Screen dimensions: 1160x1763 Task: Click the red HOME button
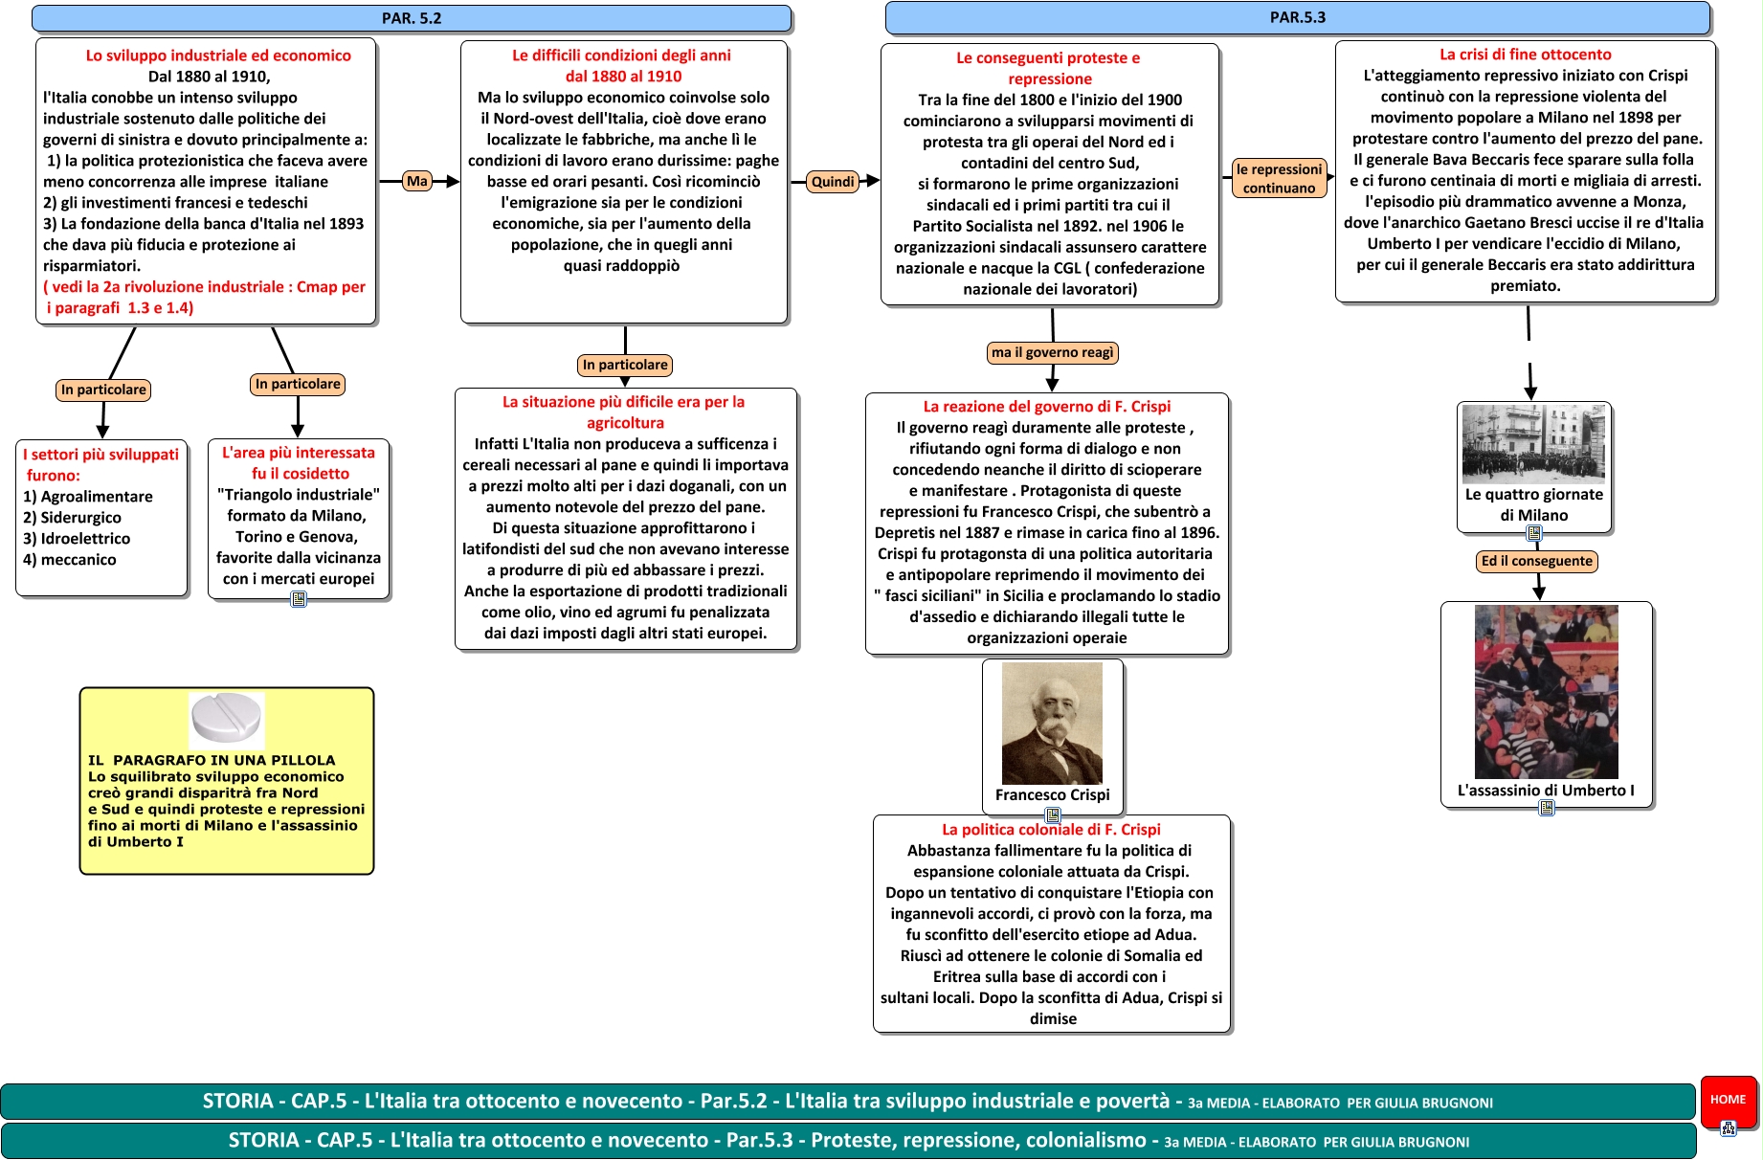pos(1728,1100)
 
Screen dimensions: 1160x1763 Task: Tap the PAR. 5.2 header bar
pos(412,18)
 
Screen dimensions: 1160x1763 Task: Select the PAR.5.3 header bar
pos(1297,17)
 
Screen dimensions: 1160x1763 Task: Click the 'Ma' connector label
pos(417,181)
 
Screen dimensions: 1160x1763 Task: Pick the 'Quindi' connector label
pos(833,182)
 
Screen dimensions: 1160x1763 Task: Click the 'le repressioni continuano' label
pos(1279,178)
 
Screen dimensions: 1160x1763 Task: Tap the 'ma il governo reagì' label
pos(1052,352)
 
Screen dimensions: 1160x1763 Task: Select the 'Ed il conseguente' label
pos(1536,561)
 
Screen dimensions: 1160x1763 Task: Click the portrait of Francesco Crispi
pos(1052,724)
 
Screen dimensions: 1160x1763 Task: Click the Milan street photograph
pos(1533,443)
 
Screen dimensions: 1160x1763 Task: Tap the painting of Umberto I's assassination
pos(1546,691)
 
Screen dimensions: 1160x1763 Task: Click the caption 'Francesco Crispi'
pos(1052,794)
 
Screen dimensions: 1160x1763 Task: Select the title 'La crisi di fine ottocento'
pos(1525,55)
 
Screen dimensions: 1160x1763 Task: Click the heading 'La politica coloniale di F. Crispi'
pos(1051,829)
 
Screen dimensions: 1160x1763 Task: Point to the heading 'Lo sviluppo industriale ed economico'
pos(218,56)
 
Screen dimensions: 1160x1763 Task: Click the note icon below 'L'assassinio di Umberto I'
pos(1547,808)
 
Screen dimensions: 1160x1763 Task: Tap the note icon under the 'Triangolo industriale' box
pos(299,599)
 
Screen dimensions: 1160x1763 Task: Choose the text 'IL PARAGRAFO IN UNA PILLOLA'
pos(212,760)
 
